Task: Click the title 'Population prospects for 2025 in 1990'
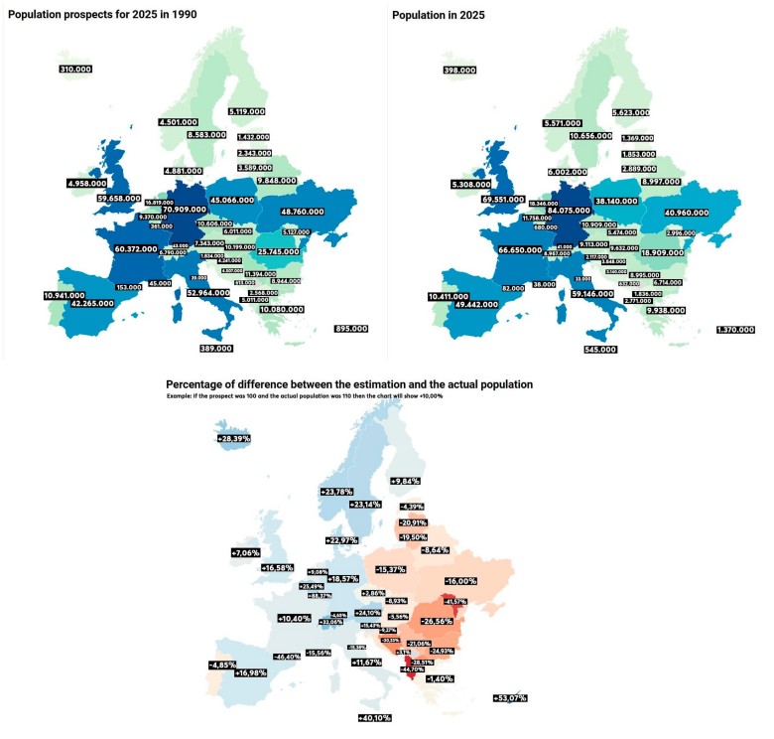click(104, 15)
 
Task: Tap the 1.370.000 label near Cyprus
click(735, 329)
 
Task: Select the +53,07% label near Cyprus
click(509, 698)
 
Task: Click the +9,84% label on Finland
click(406, 480)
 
